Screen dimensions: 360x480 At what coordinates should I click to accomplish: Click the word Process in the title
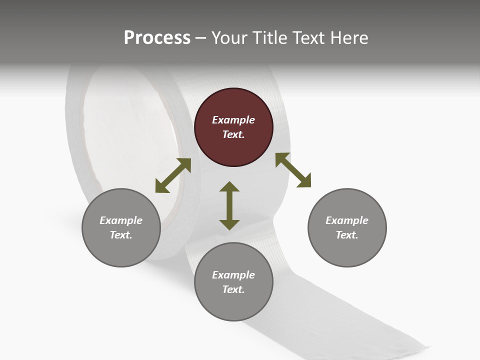point(157,38)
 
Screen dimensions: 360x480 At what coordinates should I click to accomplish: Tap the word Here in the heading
point(348,38)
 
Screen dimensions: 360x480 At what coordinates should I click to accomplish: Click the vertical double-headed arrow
point(229,205)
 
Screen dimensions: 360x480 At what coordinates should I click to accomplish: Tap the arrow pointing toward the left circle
point(173,175)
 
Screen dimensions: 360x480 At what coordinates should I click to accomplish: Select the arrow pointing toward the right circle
point(293,170)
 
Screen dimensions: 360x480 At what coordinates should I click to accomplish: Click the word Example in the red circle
point(233,120)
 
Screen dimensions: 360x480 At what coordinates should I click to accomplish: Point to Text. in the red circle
point(233,134)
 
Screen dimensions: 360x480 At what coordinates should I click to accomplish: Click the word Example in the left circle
point(121,220)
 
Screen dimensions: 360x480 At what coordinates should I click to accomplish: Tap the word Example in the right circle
point(347,220)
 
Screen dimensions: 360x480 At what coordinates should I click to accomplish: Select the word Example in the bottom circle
point(233,275)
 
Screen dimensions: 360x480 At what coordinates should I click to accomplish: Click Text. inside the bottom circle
point(233,289)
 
